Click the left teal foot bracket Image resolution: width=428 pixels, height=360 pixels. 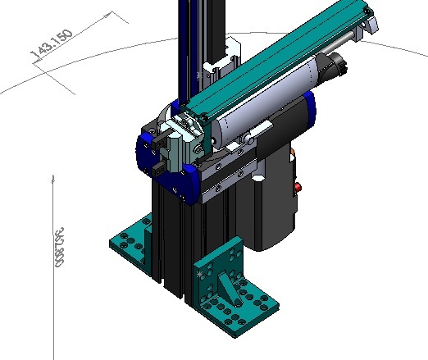[x=131, y=242]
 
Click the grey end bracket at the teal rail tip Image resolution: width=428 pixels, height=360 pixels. [x=367, y=21]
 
